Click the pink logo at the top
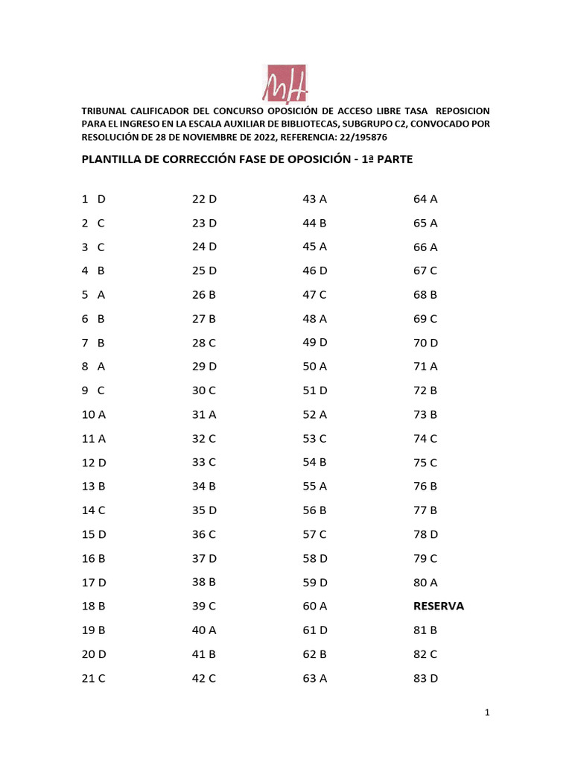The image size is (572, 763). pos(286,82)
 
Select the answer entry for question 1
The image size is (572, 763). pos(94,199)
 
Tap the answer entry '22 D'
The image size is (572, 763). pos(204,199)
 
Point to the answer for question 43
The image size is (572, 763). pos(315,199)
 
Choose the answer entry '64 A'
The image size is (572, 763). pos(425,199)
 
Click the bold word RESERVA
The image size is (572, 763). pos(439,606)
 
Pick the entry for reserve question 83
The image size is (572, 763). pos(425,677)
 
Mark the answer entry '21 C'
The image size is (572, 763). pos(94,677)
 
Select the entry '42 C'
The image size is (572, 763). pos(204,677)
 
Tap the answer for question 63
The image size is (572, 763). pos(315,677)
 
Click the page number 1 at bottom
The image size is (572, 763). pos(486,713)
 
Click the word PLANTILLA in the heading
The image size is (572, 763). pos(112,159)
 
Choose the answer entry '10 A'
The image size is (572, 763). pos(94,414)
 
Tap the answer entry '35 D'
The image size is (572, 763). pos(204,510)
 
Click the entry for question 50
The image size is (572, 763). pos(315,366)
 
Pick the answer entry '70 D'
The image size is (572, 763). pos(426,342)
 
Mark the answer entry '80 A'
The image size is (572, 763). pos(425,582)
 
